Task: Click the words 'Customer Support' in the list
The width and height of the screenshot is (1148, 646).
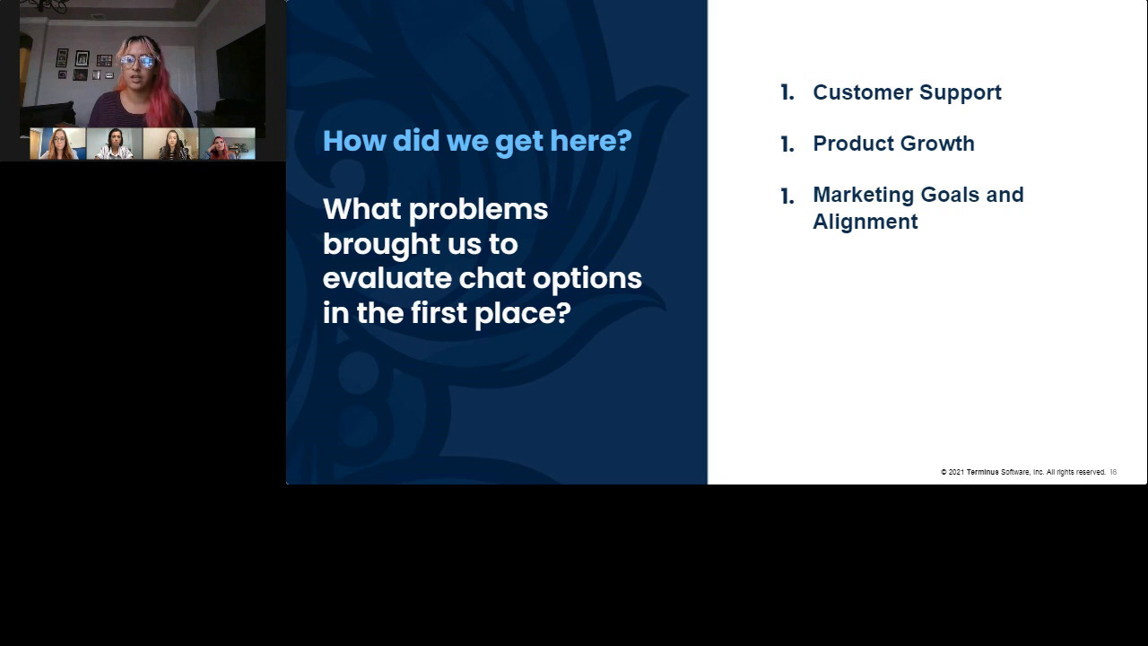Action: (x=907, y=92)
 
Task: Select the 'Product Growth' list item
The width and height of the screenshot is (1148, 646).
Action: (x=893, y=144)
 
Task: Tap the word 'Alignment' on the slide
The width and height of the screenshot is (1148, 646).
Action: (x=865, y=222)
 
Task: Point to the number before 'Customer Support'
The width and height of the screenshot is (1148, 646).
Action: (x=787, y=92)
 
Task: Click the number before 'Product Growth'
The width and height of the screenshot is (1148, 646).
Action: (x=787, y=144)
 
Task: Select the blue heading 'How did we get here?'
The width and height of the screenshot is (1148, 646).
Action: (x=477, y=141)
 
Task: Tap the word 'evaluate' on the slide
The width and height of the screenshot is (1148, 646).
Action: (x=387, y=278)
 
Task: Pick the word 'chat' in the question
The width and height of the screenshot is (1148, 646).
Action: (x=491, y=278)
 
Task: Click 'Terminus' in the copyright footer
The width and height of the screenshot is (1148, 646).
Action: (x=982, y=472)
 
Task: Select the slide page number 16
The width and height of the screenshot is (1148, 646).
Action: (x=1113, y=472)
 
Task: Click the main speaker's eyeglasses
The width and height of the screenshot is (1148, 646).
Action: (x=137, y=61)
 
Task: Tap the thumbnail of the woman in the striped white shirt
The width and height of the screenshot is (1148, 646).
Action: (x=114, y=144)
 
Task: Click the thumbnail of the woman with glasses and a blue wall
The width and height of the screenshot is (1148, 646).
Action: (x=57, y=144)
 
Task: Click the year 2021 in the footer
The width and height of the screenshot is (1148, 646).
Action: (x=956, y=472)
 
